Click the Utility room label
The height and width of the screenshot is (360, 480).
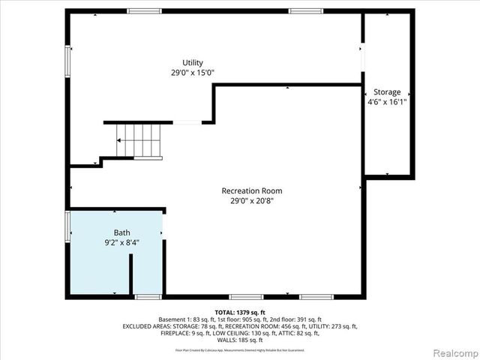pos(193,63)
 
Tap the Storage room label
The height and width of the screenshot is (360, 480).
pos(387,92)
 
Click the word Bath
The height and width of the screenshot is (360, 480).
pos(121,232)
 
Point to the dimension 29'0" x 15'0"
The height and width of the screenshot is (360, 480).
pos(193,73)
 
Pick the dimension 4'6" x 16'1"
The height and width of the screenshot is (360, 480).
pos(387,103)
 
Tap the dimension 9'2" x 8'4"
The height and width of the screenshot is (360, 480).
pos(121,242)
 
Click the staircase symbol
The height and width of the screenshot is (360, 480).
pos(138,140)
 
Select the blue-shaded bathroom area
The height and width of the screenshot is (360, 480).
pos(146,262)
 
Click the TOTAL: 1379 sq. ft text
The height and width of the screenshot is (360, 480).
pos(240,312)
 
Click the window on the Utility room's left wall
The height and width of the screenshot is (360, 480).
pos(68,59)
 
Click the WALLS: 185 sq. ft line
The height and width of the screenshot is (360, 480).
pos(240,340)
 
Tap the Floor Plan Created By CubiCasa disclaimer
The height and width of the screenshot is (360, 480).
pos(240,349)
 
